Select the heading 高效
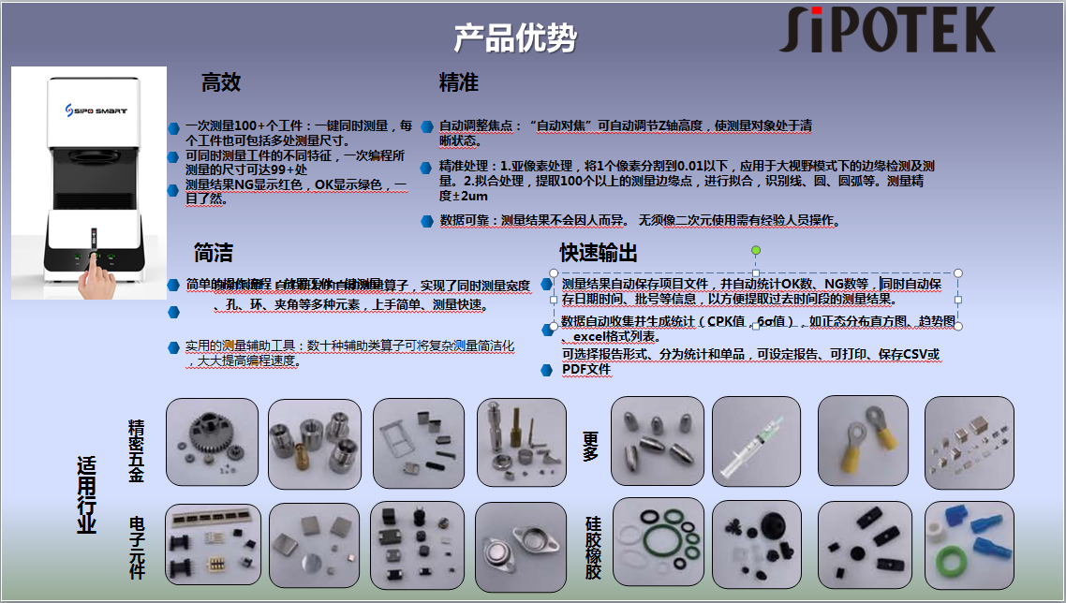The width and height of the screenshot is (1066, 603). pos(221,82)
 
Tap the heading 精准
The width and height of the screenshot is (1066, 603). pos(459,82)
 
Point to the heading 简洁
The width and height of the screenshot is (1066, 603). pos(213,253)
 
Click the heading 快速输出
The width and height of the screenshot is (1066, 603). pos(599,253)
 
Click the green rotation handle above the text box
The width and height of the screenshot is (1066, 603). pos(756,251)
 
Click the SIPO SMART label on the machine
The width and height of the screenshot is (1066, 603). pos(89,110)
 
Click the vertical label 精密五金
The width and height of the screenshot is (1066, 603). pos(137,450)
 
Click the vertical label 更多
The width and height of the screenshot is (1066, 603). pos(590,446)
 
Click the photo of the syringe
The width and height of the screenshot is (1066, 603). pos(756,441)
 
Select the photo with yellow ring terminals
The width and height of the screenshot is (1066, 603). pos(863,441)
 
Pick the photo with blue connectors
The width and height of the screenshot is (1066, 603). pos(969,545)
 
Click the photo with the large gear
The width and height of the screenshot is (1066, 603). pos(213,441)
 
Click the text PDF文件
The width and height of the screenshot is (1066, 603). pos(586,369)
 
